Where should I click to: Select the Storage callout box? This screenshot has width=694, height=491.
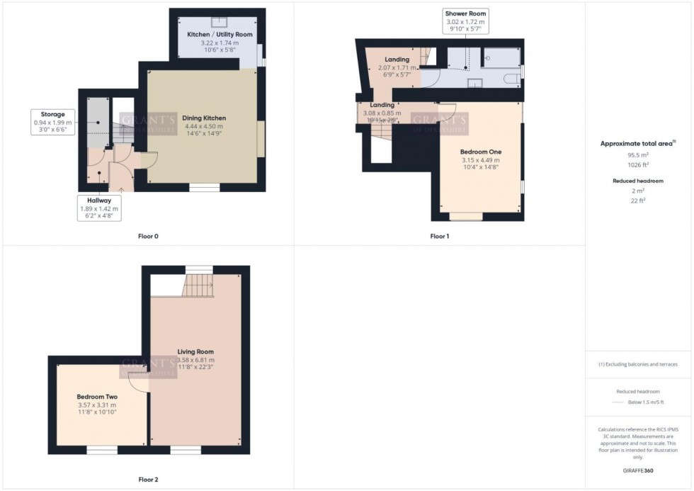point(53,122)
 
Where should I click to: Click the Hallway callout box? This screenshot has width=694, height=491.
point(98,208)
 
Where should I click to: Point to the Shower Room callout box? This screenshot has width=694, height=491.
point(465,21)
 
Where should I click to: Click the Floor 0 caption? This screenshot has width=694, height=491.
point(148,236)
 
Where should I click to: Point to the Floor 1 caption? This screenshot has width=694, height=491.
point(440,236)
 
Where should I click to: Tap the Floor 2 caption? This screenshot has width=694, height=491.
point(148,480)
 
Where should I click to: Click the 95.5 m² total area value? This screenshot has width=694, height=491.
point(638,154)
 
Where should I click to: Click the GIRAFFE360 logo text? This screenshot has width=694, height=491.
point(638,470)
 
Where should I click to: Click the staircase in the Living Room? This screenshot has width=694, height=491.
point(199,286)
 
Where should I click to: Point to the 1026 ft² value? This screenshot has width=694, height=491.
point(638,164)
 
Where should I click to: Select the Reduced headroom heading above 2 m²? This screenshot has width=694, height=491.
point(638,181)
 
